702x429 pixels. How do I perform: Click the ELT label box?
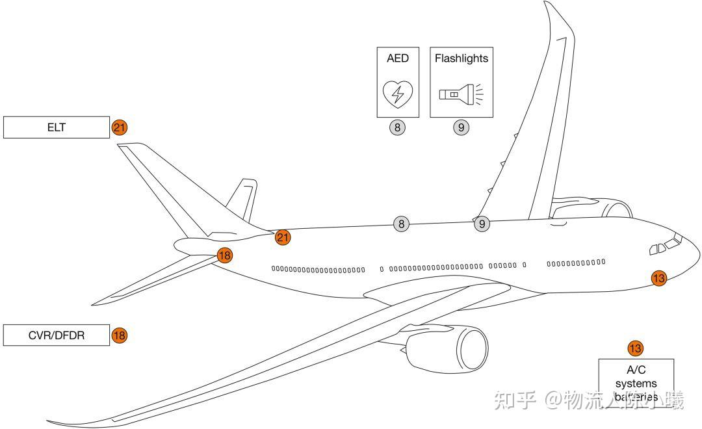[x=57, y=127]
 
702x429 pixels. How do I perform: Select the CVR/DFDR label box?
[x=57, y=335]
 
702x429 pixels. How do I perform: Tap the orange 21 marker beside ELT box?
[x=120, y=127]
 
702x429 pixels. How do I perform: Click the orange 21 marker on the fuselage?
[x=283, y=237]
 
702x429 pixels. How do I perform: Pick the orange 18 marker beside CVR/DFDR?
[x=119, y=335]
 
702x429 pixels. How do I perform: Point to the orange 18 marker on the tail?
[x=225, y=255]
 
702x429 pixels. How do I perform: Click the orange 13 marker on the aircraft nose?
[x=659, y=278]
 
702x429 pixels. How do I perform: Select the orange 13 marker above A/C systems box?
[x=635, y=348]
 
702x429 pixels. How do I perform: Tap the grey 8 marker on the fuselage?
[x=402, y=224]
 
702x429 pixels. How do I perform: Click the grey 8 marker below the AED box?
[x=397, y=127]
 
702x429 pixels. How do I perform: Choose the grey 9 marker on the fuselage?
[x=482, y=224]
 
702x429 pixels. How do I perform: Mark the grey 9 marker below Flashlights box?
[x=461, y=127]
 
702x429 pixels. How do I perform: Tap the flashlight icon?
[x=461, y=94]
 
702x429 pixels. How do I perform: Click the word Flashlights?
[x=461, y=58]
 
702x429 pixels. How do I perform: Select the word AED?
[x=397, y=58]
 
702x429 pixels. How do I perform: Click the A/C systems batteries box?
[x=636, y=383]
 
